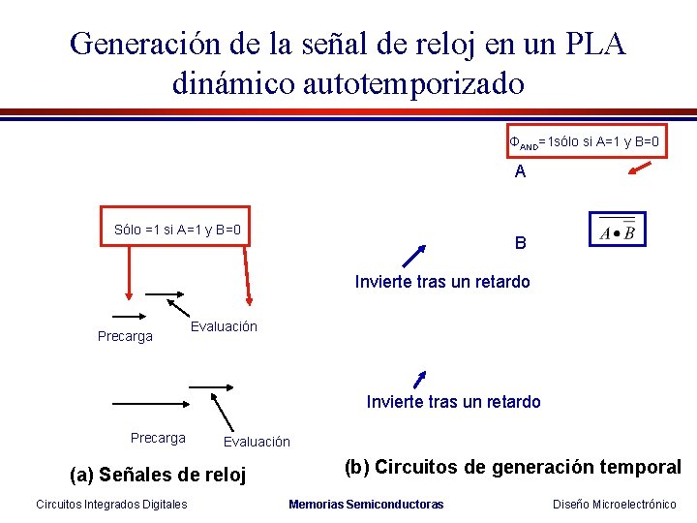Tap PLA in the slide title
tap(591, 44)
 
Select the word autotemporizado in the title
tap(414, 83)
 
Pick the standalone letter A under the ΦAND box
tap(521, 172)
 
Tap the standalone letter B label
tap(521, 243)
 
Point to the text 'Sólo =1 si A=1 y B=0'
tap(177, 231)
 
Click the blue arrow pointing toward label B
tap(413, 256)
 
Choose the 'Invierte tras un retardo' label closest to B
tap(442, 282)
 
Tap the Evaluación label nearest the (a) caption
tap(257, 442)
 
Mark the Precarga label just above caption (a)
tap(158, 438)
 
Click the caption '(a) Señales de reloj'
tap(159, 475)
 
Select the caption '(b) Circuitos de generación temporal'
tap(512, 467)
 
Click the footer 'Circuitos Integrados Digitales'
tap(111, 504)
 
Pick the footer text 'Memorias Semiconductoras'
tap(366, 504)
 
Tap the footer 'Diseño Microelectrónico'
tap(614, 504)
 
